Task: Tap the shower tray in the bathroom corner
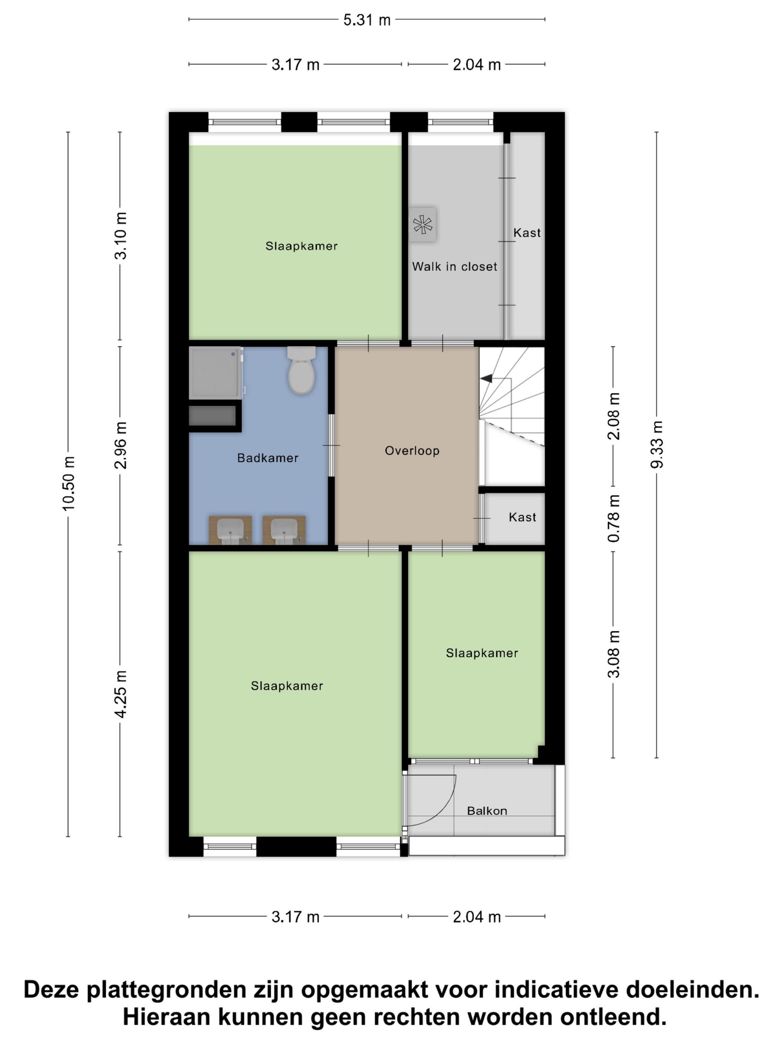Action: pos(215,373)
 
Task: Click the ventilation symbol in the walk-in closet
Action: pos(422,225)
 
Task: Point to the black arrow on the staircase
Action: pos(486,378)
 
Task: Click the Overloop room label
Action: pos(412,451)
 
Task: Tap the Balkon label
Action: pos(487,811)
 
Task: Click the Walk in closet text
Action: pos(455,267)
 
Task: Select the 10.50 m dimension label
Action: pos(69,483)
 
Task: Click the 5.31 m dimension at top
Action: pos(367,20)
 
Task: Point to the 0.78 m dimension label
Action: pos(614,518)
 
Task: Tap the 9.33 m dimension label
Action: pos(657,444)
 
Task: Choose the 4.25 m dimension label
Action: pos(121,694)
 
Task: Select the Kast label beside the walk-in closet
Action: pos(527,233)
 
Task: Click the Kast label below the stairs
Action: pos(522,517)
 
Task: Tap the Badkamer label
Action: pos(268,458)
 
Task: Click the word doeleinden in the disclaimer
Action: pos(692,990)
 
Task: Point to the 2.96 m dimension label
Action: pos(121,445)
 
